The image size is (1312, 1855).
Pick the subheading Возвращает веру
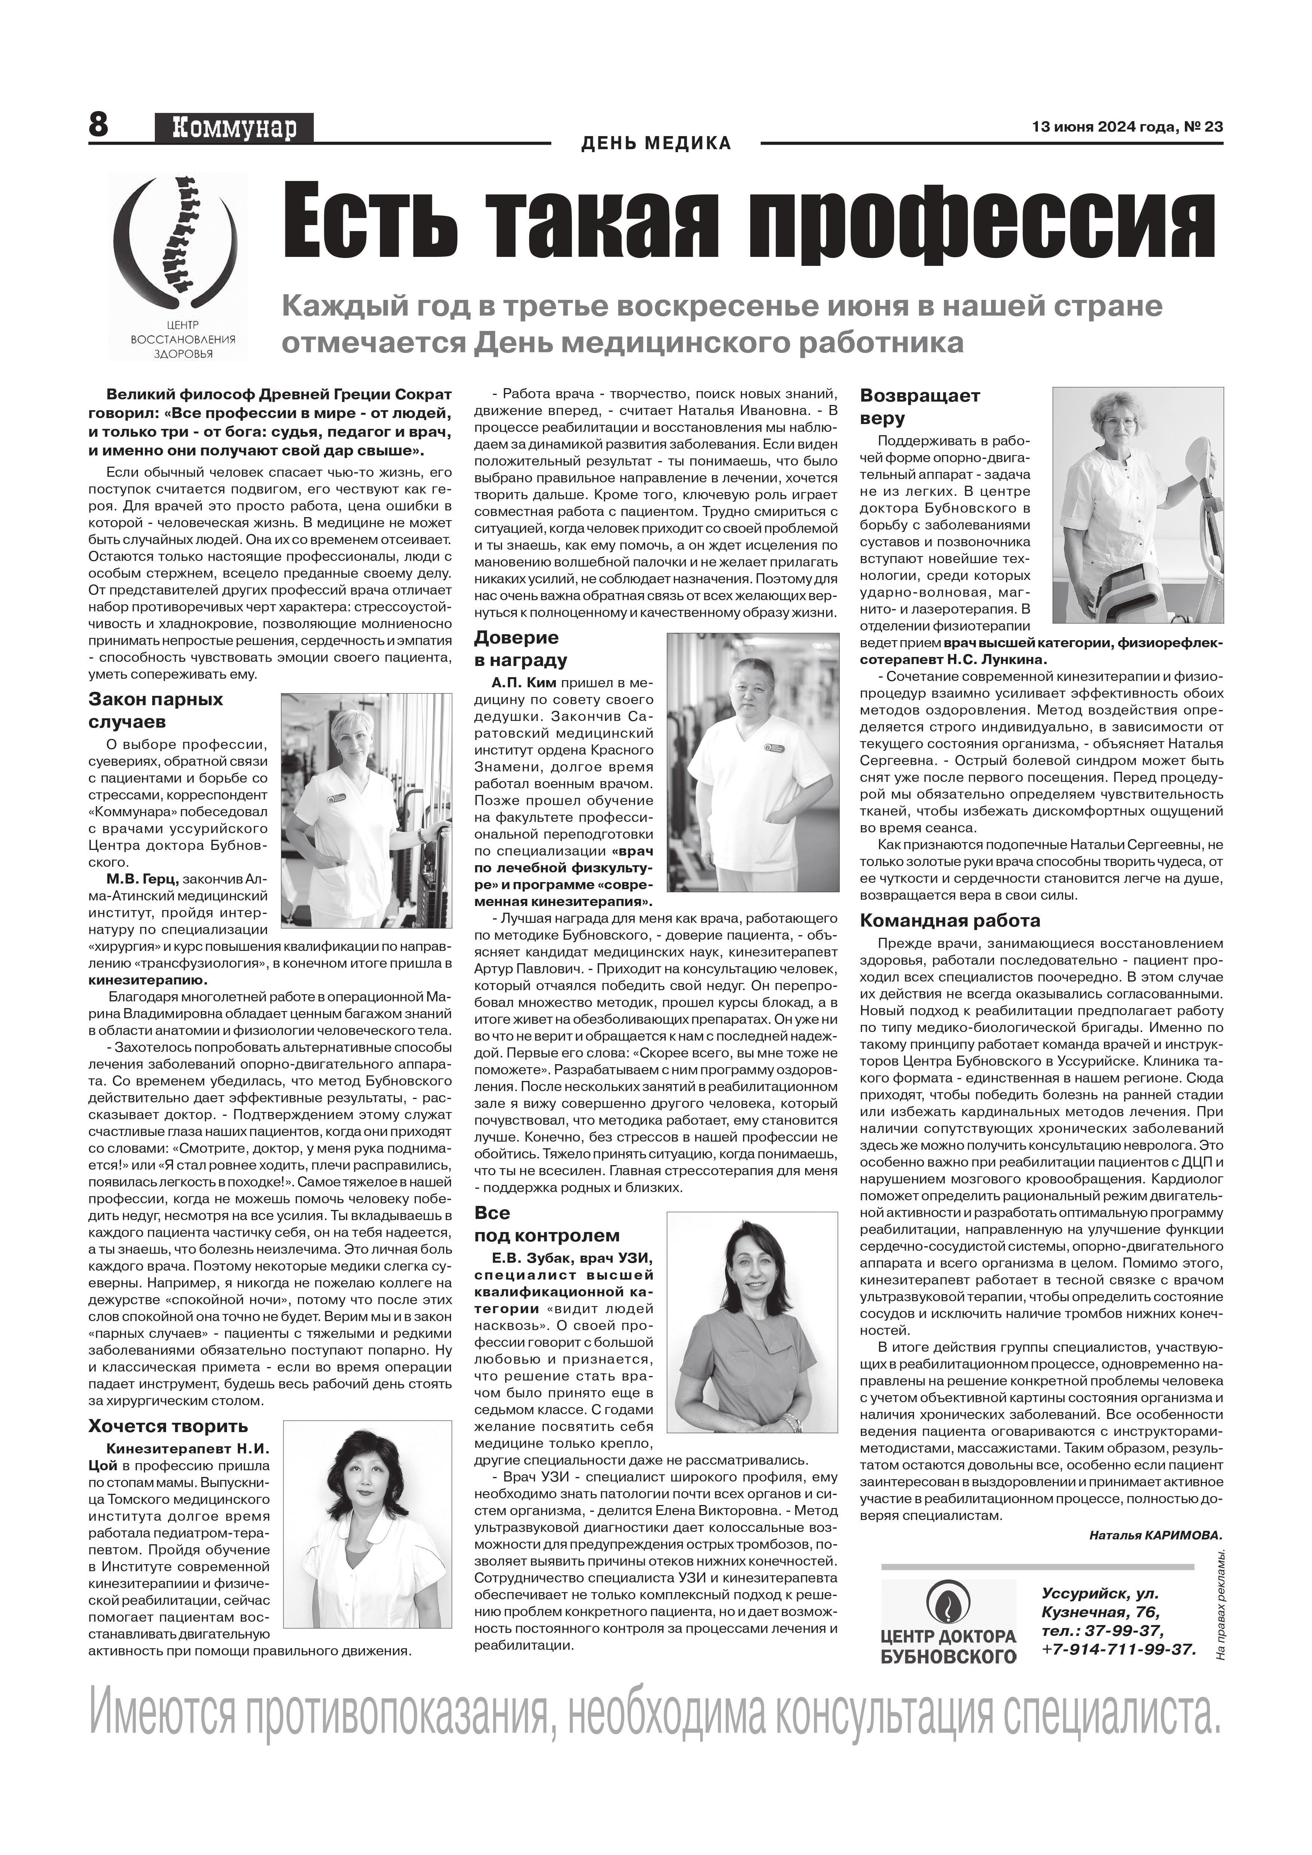pyautogui.click(x=919, y=406)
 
